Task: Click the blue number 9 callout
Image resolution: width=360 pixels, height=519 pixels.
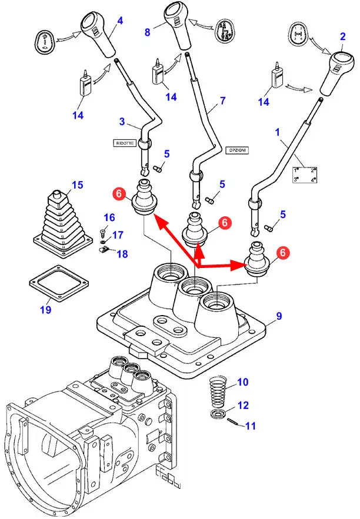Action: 279,316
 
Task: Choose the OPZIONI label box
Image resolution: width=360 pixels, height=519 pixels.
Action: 236,150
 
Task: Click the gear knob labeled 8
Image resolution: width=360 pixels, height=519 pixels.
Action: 178,21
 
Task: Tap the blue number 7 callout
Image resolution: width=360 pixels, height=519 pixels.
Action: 222,101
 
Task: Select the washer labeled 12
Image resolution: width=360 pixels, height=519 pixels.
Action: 220,415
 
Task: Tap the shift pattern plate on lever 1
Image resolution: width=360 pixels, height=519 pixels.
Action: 306,175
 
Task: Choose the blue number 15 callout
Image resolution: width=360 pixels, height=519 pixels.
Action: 78,186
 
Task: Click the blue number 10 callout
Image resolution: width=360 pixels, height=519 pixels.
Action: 243,382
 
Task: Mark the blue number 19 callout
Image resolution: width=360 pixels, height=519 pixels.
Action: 45,309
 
